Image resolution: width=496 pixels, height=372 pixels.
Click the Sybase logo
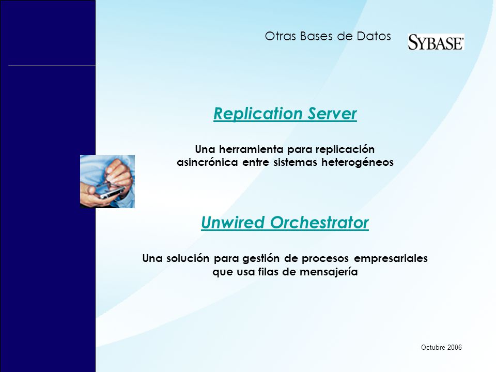coord(436,42)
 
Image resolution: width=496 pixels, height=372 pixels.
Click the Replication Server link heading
coord(285,113)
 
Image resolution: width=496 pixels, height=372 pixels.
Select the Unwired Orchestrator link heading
coord(285,222)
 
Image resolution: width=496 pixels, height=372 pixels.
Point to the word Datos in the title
coord(374,36)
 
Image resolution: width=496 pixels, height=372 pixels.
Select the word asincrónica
coord(207,162)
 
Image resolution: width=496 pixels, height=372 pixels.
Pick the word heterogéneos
coord(358,162)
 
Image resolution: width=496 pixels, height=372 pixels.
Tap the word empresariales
coord(391,258)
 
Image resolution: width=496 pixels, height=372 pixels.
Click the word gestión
coord(261,258)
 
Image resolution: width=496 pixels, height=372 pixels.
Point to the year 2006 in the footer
coord(455,347)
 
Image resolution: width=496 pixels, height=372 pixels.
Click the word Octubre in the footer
coord(433,347)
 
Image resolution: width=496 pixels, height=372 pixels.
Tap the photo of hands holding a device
coord(107,181)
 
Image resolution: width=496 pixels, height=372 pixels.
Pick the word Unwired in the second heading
coord(233,222)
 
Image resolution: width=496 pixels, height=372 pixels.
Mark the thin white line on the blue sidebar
coord(52,66)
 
